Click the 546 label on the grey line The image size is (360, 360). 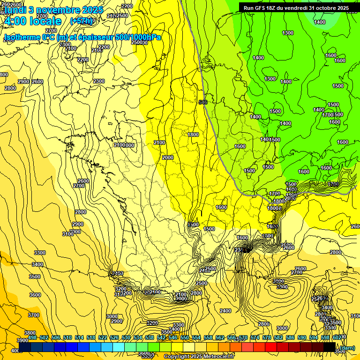[202, 102]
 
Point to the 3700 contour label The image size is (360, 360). [34, 315]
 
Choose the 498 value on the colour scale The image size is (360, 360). [32, 337]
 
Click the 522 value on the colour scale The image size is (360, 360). [103, 337]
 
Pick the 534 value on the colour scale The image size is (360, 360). [138, 337]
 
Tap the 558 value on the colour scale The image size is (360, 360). [208, 337]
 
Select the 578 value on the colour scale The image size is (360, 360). [267, 337]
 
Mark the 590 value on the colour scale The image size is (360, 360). [302, 337]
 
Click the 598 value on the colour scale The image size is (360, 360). [325, 337]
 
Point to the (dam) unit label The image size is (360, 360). [347, 347]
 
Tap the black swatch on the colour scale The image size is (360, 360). [329, 347]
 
